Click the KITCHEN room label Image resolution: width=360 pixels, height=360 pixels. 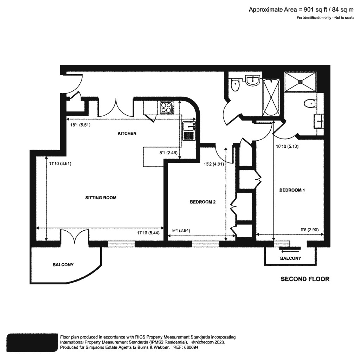click(127, 134)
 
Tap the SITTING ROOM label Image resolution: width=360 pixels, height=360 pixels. click(101, 198)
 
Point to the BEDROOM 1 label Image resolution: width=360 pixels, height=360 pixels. click(292, 190)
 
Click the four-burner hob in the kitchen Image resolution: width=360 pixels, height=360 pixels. click(166, 107)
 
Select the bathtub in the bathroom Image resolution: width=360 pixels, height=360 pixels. click(271, 97)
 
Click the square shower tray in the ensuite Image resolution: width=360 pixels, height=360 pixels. click(300, 82)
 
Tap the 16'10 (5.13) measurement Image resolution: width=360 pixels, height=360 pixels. click(287, 147)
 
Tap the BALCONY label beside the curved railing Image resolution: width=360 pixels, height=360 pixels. click(63, 265)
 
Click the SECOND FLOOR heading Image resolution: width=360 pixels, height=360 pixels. click(305, 279)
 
